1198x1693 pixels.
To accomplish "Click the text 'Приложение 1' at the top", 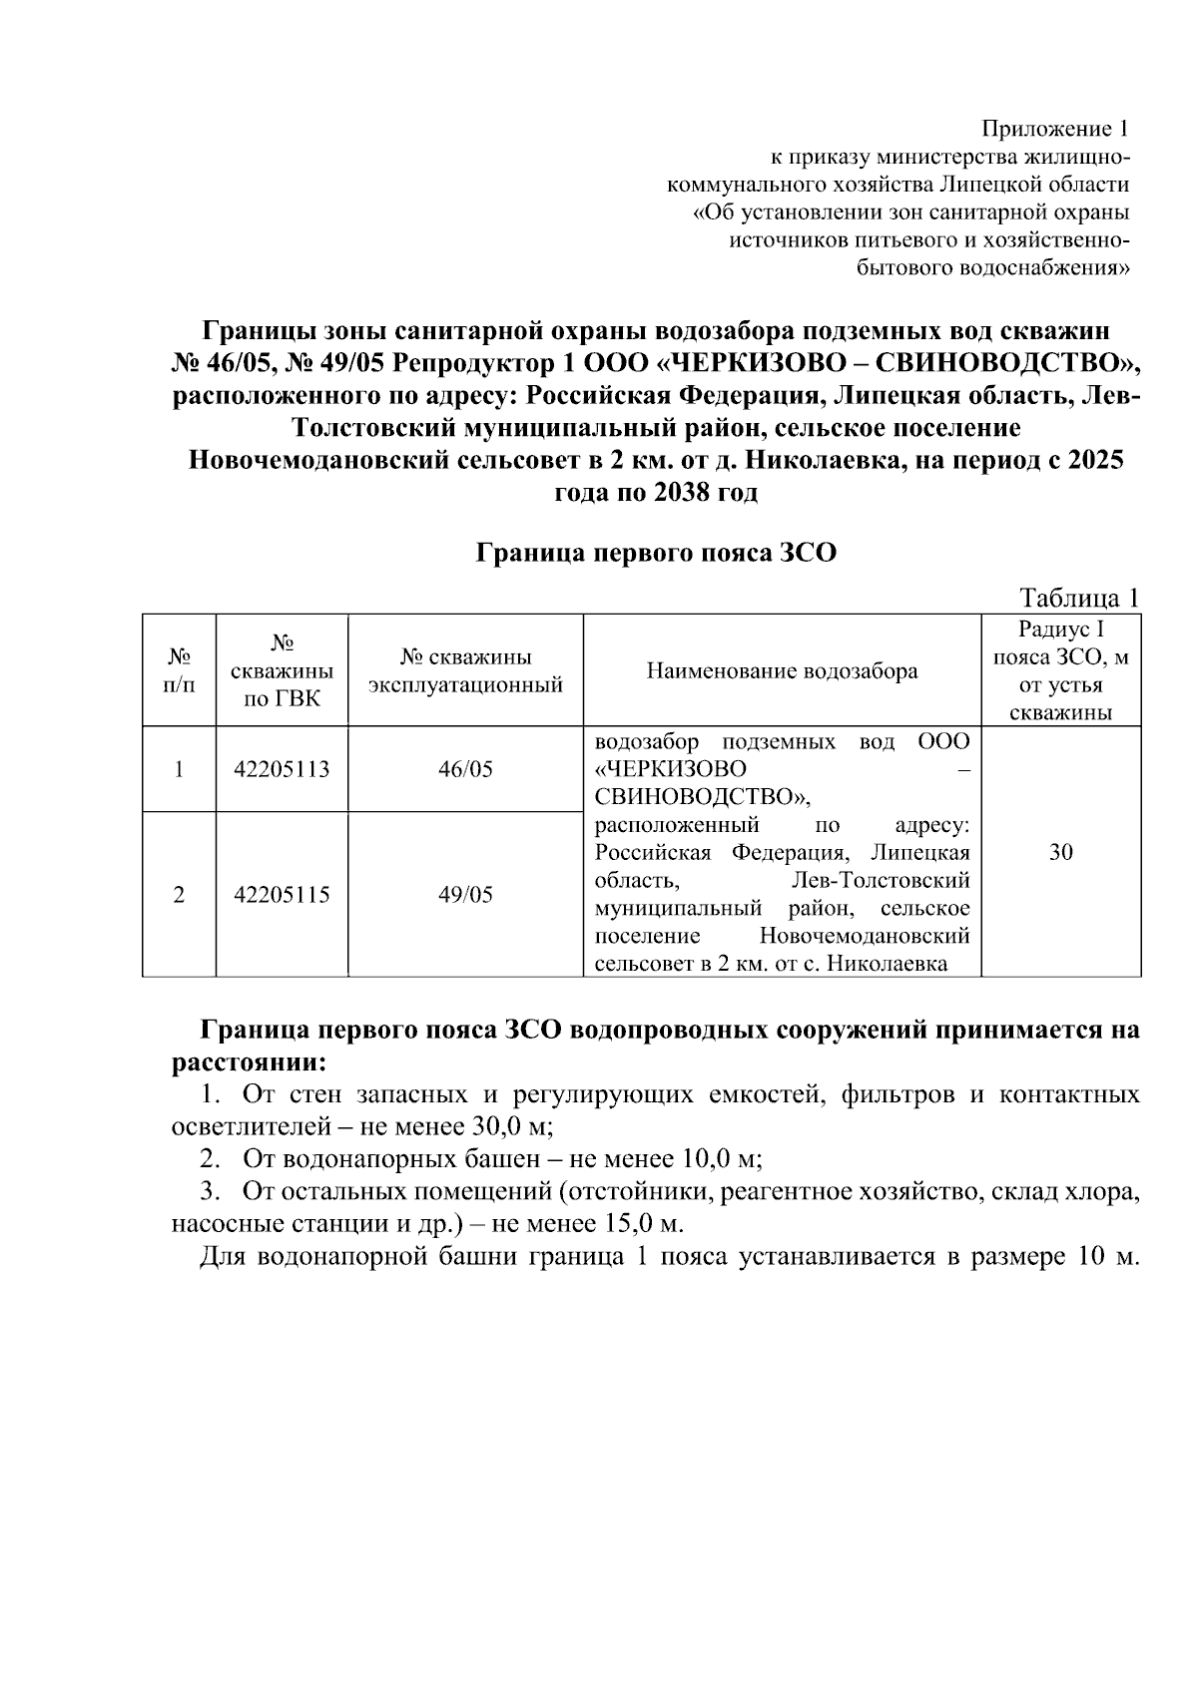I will pyautogui.click(x=1056, y=129).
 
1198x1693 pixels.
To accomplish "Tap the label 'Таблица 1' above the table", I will pyautogui.click(x=1078, y=598).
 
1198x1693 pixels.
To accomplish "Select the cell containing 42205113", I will pyautogui.click(x=282, y=769).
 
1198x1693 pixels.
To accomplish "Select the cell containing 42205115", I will pyautogui.click(x=282, y=894).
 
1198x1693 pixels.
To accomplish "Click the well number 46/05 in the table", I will pyautogui.click(x=465, y=769).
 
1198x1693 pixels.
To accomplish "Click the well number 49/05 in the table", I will pyautogui.click(x=465, y=894).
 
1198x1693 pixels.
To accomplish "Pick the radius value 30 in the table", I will pyautogui.click(x=1061, y=852).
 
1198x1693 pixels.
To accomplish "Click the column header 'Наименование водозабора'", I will pyautogui.click(x=782, y=670).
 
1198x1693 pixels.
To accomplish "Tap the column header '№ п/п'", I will pyautogui.click(x=180, y=670).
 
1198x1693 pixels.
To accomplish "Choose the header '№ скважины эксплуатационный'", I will pyautogui.click(x=465, y=670).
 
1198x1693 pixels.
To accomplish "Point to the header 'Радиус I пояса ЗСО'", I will pyautogui.click(x=1061, y=657).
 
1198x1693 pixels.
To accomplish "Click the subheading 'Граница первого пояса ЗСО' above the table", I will pyautogui.click(x=655, y=553).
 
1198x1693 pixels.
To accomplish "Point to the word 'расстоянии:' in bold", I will pyautogui.click(x=248, y=1061).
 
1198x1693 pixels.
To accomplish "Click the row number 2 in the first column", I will pyautogui.click(x=179, y=894).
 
